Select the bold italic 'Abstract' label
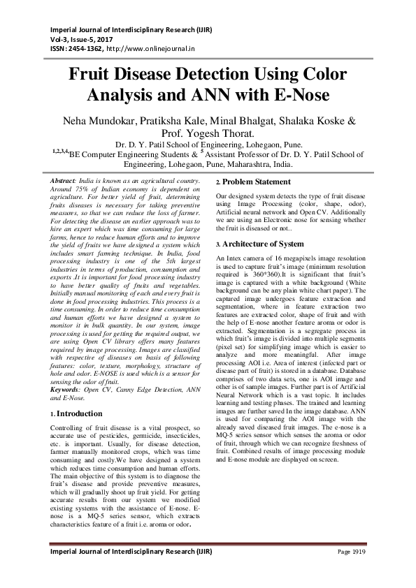point(65,181)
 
